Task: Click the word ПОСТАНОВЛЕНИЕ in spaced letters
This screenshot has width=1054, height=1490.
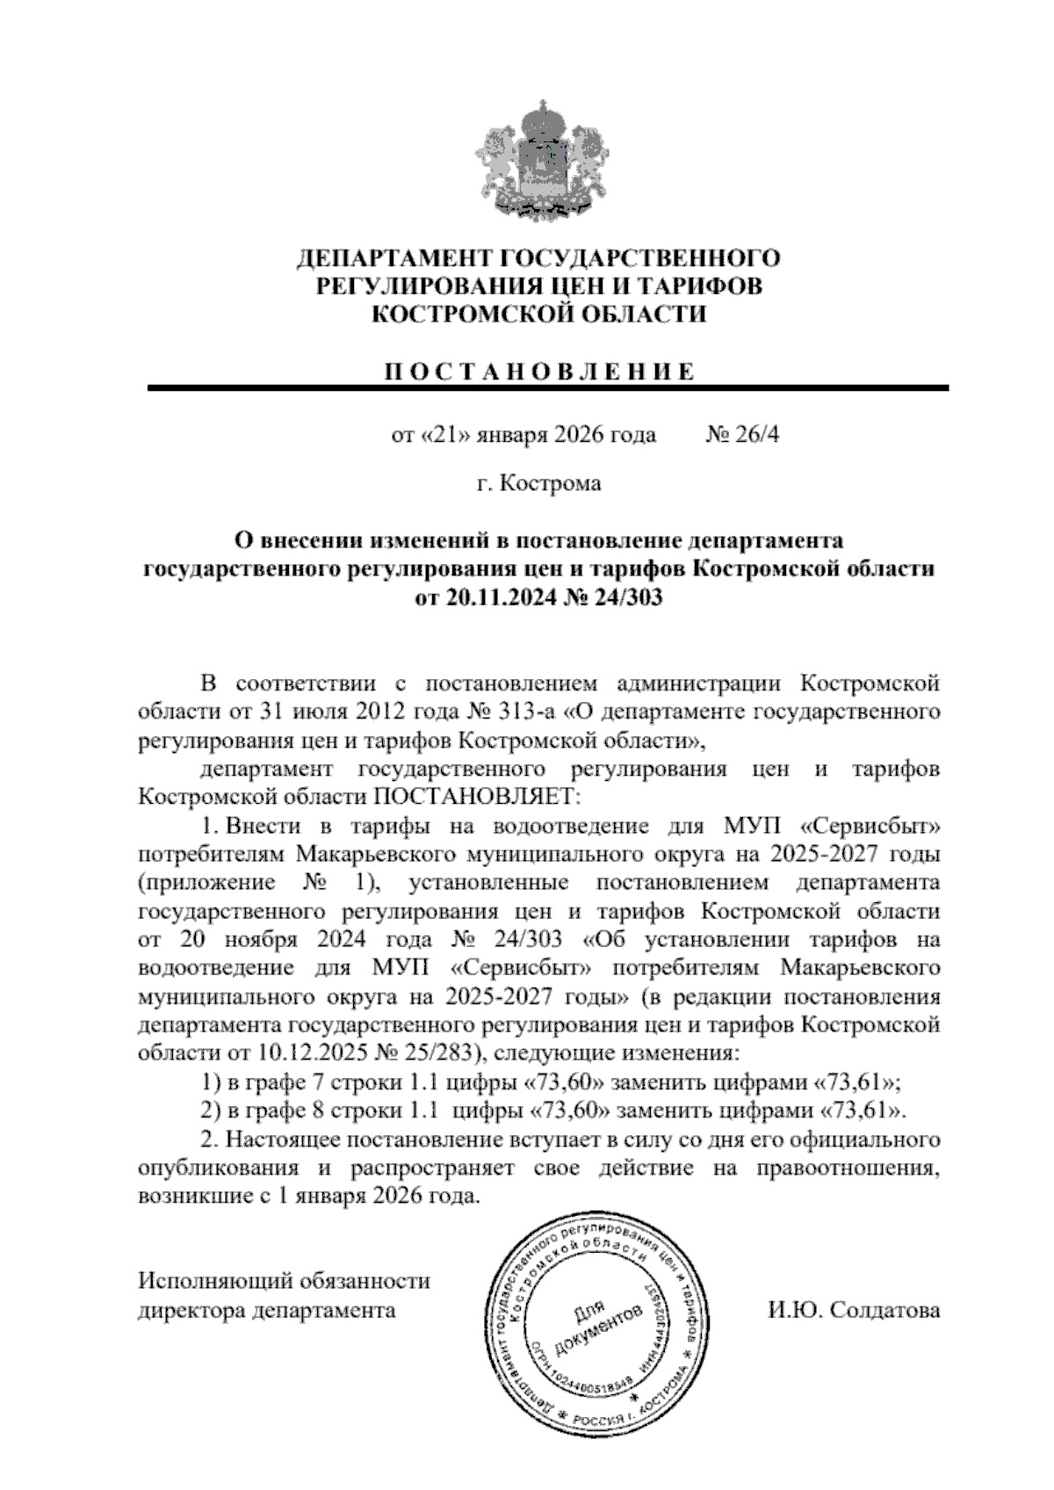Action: (x=538, y=371)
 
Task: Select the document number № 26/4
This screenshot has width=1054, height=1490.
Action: (x=742, y=435)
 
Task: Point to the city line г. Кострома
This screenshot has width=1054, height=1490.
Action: (x=538, y=483)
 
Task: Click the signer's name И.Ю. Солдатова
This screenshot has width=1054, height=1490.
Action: (x=853, y=1311)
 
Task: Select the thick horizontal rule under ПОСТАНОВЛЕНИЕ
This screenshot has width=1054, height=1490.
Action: (x=548, y=387)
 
